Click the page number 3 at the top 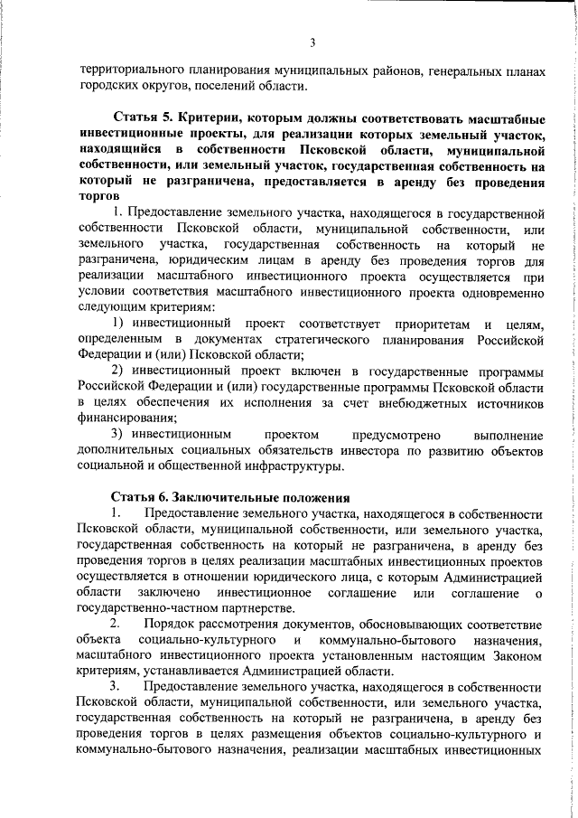[311, 42]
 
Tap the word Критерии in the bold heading [211, 118]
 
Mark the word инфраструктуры [299, 466]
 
